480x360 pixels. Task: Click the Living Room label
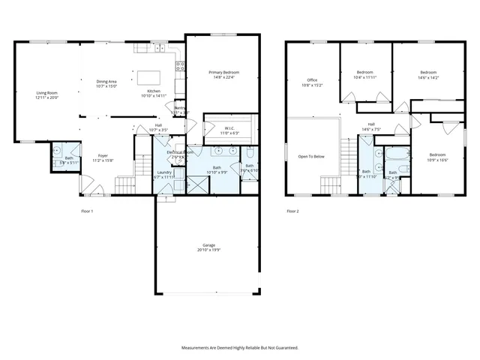(x=46, y=93)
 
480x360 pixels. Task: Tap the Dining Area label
(x=106, y=81)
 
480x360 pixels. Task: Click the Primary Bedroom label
(x=223, y=72)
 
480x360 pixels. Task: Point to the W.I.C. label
(x=230, y=128)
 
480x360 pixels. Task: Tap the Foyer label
(x=102, y=156)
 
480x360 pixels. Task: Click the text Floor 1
(x=87, y=211)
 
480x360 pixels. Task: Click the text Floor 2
(x=292, y=211)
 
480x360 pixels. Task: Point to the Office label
(x=312, y=80)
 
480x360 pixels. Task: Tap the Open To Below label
(x=311, y=156)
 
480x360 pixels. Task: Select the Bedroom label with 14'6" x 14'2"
(x=429, y=73)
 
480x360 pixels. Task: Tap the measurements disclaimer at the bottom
(x=240, y=347)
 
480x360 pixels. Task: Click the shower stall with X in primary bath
(x=197, y=183)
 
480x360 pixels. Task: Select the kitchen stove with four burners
(x=180, y=65)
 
